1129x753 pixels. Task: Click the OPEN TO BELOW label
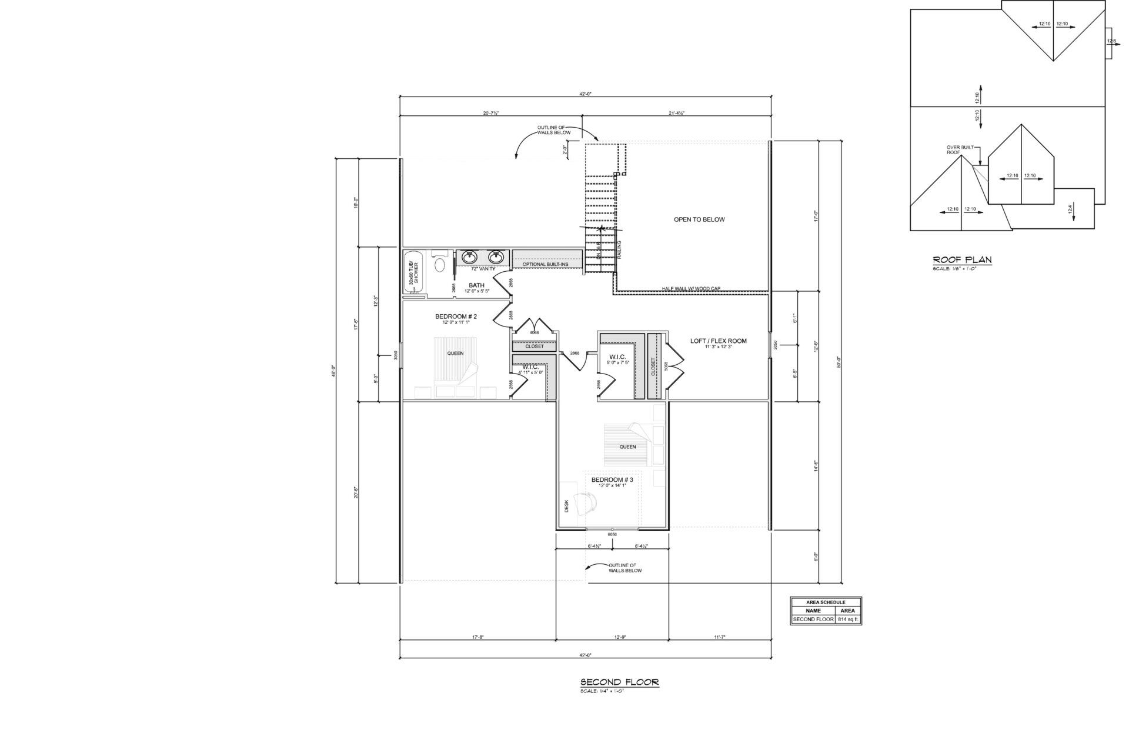(699, 219)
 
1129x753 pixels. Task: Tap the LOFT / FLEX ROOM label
(718, 341)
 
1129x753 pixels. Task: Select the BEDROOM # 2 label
(456, 316)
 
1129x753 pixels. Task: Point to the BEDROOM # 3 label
(612, 479)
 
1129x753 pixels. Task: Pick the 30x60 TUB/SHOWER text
(413, 274)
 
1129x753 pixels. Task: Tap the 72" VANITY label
(483, 269)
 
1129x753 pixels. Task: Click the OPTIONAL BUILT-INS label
(545, 265)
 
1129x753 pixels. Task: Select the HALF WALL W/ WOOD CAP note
(690, 289)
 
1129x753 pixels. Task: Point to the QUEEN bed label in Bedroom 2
(455, 354)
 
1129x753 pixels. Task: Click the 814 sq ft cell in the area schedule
(848, 619)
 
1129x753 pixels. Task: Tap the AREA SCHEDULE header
(826, 602)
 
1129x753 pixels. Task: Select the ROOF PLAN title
(963, 259)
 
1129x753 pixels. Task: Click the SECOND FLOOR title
(620, 682)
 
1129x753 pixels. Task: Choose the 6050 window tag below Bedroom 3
(613, 534)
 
